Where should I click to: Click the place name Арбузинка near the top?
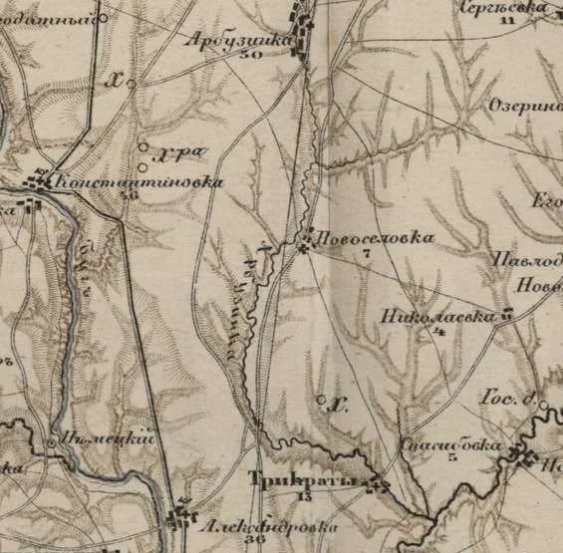point(238,41)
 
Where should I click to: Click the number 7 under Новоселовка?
point(366,255)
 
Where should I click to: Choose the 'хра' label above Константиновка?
point(186,152)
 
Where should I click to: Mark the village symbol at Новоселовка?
point(304,245)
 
